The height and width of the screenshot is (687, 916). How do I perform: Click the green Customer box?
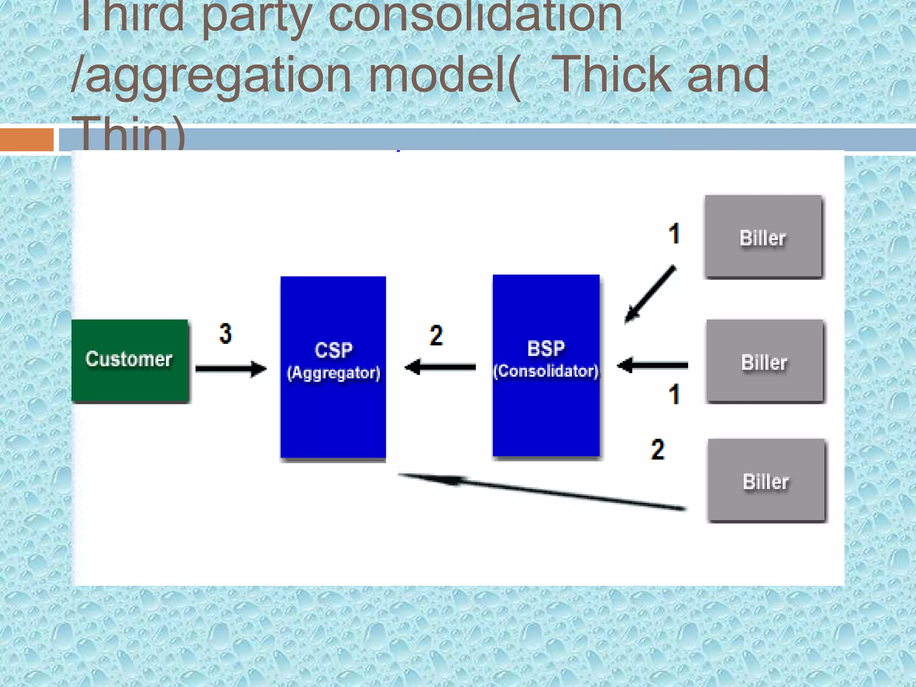[x=130, y=360]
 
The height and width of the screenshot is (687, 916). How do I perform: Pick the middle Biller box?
[x=765, y=361]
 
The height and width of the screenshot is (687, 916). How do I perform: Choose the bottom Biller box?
[x=767, y=480]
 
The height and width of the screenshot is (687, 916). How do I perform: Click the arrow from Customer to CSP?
[x=230, y=369]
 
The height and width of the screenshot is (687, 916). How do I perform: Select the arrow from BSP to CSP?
[x=440, y=367]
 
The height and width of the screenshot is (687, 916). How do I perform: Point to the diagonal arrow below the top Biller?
[x=650, y=294]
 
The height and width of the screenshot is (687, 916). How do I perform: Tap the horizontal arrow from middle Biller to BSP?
[x=653, y=365]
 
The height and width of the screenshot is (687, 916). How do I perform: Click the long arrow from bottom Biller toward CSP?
[x=541, y=491]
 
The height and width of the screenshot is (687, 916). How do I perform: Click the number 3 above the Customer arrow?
[x=225, y=334]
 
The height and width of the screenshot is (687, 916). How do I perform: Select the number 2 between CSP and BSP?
[x=436, y=335]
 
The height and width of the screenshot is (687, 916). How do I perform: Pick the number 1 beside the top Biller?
[x=674, y=233]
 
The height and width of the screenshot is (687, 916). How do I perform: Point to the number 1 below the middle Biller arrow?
[x=674, y=394]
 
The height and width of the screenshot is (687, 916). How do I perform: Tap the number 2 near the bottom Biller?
[x=657, y=450]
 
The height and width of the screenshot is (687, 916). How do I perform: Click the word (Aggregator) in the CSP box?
[x=334, y=373]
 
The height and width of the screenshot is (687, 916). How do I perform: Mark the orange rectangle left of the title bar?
[x=26, y=140]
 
